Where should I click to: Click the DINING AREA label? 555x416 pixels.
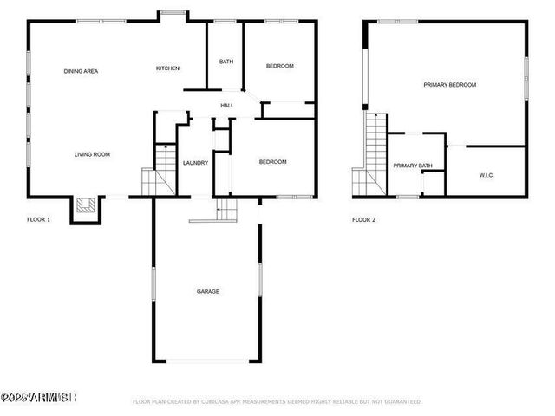(80, 71)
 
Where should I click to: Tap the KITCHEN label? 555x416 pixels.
(167, 68)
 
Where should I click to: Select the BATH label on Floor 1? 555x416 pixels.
(225, 62)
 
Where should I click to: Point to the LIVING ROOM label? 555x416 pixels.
(92, 154)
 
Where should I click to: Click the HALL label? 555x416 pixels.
(226, 106)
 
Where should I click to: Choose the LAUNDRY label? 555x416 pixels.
(195, 162)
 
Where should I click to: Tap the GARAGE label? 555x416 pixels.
(207, 291)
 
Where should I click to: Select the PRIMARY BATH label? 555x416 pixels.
(412, 166)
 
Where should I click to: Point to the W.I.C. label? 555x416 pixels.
(486, 175)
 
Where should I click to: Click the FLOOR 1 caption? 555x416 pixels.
(39, 219)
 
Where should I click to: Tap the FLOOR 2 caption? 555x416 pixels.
(363, 219)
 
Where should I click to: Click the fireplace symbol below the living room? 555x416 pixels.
(85, 205)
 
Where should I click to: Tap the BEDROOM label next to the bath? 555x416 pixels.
(279, 66)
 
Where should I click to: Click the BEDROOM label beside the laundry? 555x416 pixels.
(272, 162)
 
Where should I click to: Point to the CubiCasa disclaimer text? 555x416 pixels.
(277, 401)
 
